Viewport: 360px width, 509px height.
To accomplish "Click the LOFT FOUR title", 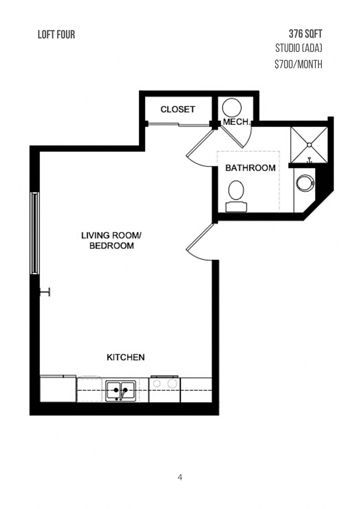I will (56, 34).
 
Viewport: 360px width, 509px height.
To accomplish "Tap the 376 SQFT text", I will (305, 34).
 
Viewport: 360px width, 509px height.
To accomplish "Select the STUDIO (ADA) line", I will (298, 48).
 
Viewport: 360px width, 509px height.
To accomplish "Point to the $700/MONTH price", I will (298, 64).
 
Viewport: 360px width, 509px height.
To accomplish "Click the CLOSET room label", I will (178, 109).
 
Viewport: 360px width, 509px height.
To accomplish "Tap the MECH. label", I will (236, 122).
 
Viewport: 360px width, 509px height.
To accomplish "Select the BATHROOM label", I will (250, 168).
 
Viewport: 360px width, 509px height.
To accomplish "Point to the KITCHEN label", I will (126, 357).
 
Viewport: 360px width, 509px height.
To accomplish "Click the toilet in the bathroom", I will (236, 195).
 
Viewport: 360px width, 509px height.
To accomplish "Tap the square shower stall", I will (309, 145).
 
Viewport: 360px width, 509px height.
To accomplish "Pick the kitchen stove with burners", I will (165, 389).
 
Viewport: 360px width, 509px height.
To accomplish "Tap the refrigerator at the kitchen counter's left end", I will (58, 389).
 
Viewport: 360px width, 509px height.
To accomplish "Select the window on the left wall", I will (34, 233).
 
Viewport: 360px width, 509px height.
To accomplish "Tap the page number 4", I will (180, 477).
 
